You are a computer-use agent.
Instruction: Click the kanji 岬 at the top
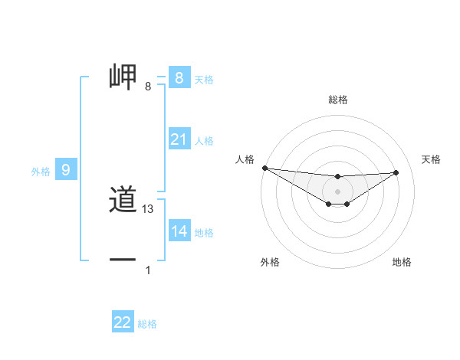coord(123,77)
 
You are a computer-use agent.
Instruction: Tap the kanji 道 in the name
coord(123,201)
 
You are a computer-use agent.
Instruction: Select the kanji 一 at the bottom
coord(123,260)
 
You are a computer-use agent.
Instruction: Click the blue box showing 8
coord(179,77)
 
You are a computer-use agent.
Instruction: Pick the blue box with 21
coord(179,139)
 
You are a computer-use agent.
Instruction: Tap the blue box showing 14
coord(179,231)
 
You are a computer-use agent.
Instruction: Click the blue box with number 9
coord(65,170)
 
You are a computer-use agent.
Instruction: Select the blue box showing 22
coord(123,322)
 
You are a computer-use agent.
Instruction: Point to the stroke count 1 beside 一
coord(148,270)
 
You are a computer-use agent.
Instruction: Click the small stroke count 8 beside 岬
coord(148,87)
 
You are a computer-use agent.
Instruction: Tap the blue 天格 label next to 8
coord(204,79)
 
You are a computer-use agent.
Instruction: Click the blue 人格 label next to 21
coord(204,141)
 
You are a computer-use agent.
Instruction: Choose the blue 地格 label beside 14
coord(204,233)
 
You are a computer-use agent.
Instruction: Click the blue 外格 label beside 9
coord(41,172)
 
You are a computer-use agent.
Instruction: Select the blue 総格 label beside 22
coord(147,324)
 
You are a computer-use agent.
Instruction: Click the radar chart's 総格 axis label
coord(337,100)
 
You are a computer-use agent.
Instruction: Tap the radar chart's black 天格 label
coord(432,159)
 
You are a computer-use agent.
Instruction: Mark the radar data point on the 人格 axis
coord(264,168)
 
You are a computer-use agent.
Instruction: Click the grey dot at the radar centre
coord(337,191)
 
